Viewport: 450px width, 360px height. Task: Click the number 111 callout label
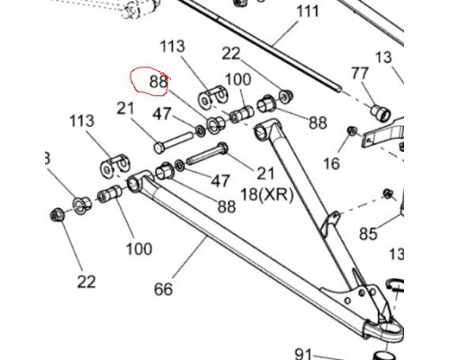[308, 12]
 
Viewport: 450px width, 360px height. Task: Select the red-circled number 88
[158, 81]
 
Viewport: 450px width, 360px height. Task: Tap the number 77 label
[360, 73]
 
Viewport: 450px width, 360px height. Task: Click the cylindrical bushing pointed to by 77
[381, 112]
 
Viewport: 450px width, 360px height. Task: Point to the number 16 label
[331, 164]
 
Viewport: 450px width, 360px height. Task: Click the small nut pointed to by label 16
[352, 130]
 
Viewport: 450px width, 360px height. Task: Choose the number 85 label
[368, 233]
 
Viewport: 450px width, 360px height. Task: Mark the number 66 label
[163, 289]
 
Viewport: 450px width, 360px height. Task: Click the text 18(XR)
[266, 195]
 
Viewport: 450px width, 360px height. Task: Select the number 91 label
[303, 354]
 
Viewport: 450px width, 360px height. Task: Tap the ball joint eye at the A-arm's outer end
[387, 330]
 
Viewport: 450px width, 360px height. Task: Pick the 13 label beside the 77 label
[383, 57]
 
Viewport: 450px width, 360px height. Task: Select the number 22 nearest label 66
[86, 282]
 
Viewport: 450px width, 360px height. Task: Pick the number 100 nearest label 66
[139, 248]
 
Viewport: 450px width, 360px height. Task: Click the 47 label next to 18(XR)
[220, 181]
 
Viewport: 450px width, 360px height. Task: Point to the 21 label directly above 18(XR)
[265, 173]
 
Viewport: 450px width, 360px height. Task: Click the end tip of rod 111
[339, 89]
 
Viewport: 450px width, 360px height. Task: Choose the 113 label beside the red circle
[172, 47]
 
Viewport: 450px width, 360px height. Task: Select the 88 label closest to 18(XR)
[227, 206]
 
